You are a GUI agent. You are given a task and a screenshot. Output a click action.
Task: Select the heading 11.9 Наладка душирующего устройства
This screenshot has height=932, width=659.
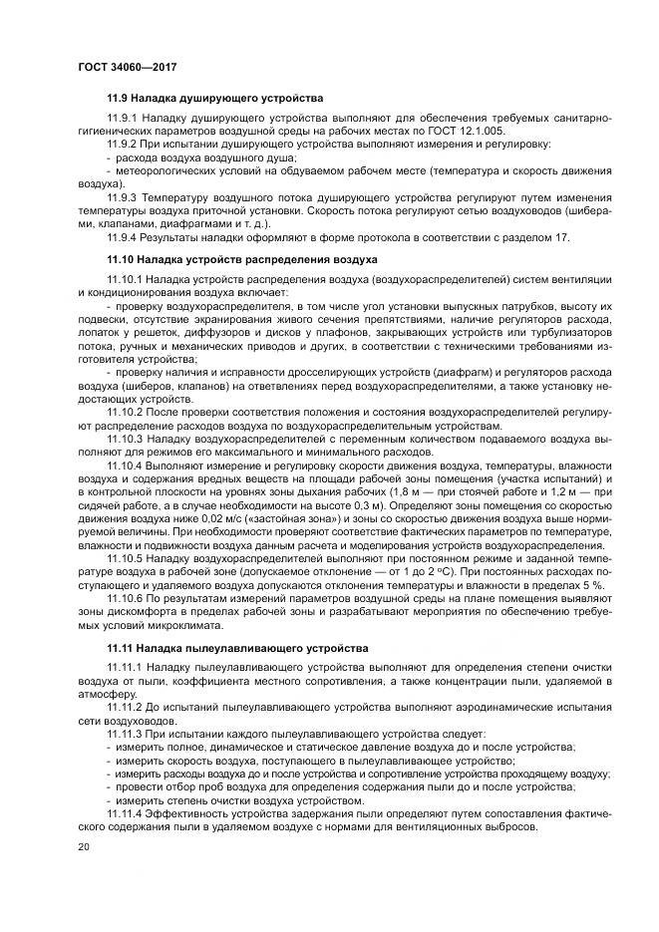(214, 100)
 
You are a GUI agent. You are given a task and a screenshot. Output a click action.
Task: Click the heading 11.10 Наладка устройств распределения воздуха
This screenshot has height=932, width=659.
(241, 258)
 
